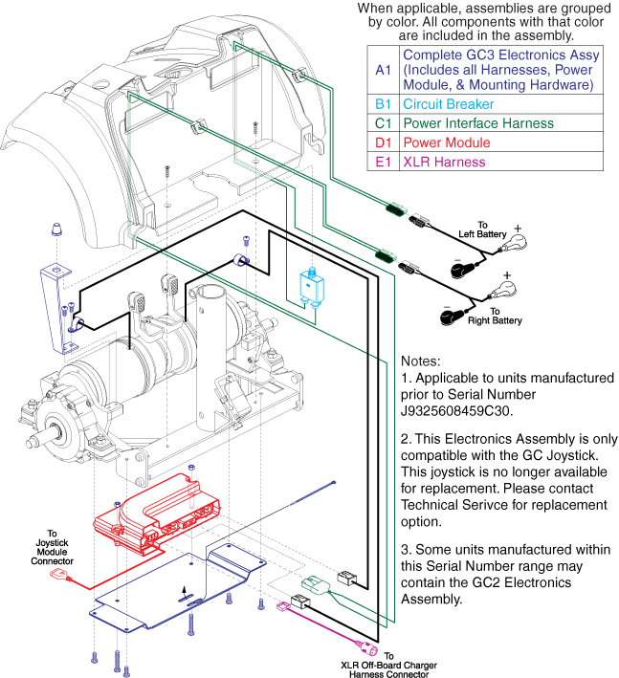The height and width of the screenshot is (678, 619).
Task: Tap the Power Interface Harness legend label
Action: click(477, 123)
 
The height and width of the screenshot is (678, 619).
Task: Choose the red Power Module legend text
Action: click(446, 142)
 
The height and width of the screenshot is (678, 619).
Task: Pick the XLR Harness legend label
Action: click(440, 162)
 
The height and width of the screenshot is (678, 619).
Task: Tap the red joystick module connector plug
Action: click(67, 577)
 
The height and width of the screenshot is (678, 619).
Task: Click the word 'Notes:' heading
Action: click(422, 362)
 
